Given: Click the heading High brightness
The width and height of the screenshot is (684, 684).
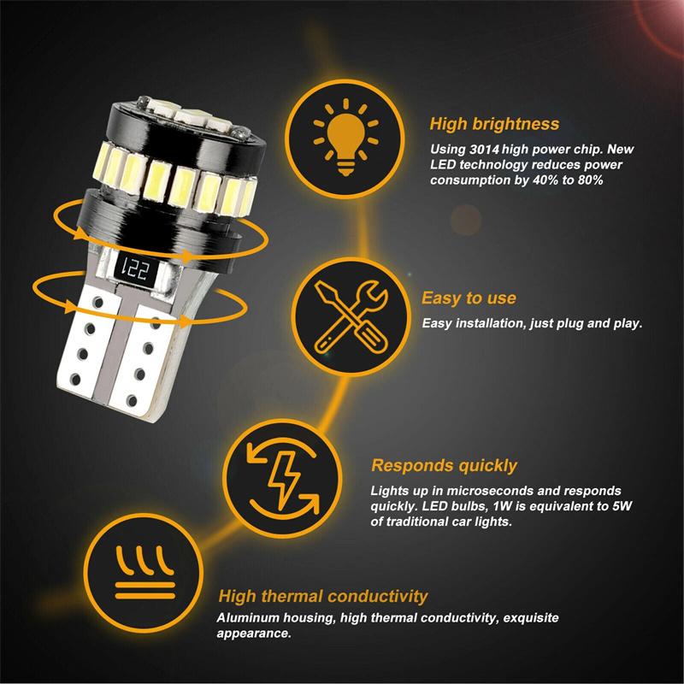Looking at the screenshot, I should coord(494,124).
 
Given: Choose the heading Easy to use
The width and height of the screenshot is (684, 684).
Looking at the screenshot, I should coord(469,298).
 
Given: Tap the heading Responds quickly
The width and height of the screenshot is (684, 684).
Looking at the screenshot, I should coord(444,466).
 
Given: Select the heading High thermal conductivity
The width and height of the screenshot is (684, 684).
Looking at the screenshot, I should coord(322,596).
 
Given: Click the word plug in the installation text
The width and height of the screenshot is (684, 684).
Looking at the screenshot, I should coord(565,324).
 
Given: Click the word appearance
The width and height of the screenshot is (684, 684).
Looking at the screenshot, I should coord(257,634).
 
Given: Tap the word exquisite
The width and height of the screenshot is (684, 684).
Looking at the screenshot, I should coord(534,618).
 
